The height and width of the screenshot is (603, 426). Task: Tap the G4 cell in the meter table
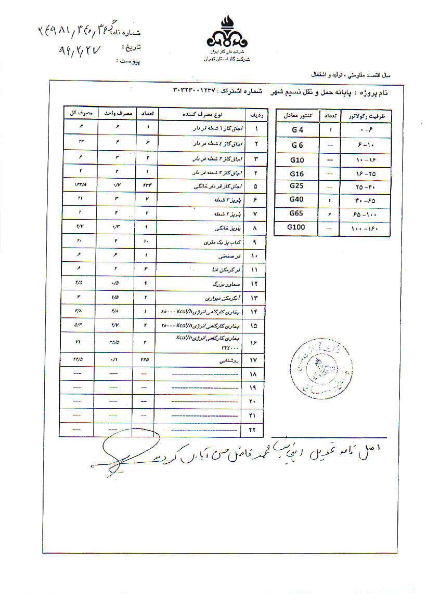(x=298, y=130)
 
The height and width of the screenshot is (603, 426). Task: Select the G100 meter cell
(x=298, y=227)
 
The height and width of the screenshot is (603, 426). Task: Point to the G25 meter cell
(x=298, y=185)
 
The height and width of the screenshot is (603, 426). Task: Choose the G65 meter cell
(x=298, y=212)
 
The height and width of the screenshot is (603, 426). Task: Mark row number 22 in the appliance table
(x=254, y=430)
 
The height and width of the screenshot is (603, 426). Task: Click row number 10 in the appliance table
(x=254, y=257)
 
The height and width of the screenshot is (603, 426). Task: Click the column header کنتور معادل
(x=298, y=116)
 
